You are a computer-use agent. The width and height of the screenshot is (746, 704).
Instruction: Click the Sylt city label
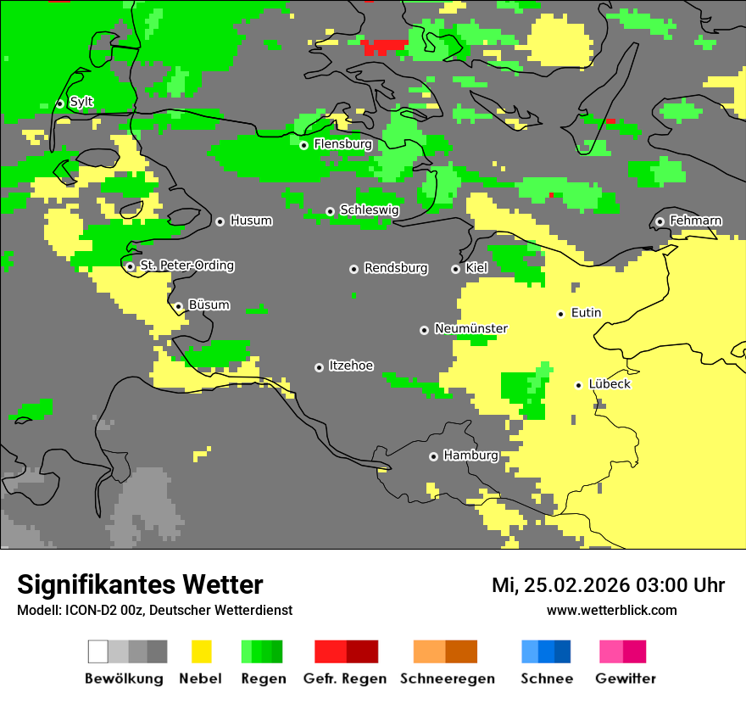[x=81, y=102]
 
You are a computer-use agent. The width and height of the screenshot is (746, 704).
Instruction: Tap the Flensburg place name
[x=342, y=144]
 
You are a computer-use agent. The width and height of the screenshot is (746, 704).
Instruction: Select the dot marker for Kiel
[x=455, y=269]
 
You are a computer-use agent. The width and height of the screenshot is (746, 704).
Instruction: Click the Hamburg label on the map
[x=470, y=455]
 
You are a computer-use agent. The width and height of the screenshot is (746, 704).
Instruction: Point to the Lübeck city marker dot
[x=578, y=385]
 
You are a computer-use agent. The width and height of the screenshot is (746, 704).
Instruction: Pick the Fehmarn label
[x=695, y=221]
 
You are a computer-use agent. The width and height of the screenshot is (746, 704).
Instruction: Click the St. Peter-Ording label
[x=186, y=265]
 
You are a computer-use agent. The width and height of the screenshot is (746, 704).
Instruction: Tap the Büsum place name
[x=209, y=305]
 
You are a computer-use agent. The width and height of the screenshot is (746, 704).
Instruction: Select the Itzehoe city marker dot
[x=319, y=367]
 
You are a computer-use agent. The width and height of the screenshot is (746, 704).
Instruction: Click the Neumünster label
[x=470, y=328]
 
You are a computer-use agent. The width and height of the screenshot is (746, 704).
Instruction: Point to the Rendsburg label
[x=396, y=268]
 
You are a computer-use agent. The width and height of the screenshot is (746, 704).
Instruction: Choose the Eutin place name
[x=586, y=313]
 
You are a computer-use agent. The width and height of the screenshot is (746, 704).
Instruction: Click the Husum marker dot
[x=220, y=221]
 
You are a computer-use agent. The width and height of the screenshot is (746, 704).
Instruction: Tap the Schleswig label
[x=369, y=210]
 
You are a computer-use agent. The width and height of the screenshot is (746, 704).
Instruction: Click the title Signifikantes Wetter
[x=140, y=584]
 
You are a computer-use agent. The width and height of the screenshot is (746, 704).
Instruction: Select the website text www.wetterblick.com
[x=611, y=610]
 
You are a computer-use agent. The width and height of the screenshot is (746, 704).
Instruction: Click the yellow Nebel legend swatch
[x=201, y=651]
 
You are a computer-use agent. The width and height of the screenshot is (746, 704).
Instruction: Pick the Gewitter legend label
[x=625, y=679]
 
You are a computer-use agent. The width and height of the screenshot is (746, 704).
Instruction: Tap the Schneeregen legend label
[x=447, y=679]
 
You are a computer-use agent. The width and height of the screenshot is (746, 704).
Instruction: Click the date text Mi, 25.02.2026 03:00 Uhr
[x=608, y=585]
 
